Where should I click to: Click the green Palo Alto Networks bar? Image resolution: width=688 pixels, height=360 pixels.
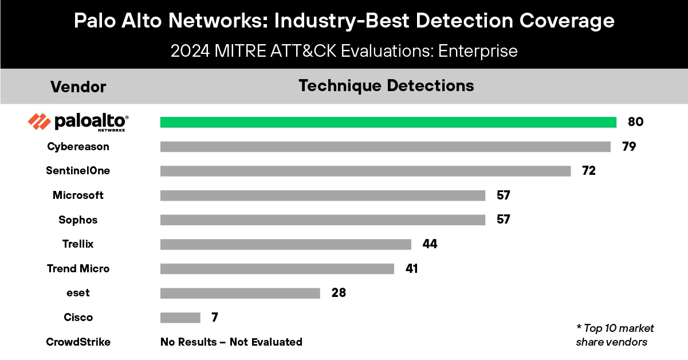point(388,122)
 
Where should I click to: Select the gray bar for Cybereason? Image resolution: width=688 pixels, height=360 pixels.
point(385,147)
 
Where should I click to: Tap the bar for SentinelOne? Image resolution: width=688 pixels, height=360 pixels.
point(365,171)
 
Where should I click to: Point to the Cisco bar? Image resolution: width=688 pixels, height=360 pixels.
point(180,318)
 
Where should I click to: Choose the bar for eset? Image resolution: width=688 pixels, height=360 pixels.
point(240,293)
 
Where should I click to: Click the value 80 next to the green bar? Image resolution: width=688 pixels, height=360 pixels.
point(635,122)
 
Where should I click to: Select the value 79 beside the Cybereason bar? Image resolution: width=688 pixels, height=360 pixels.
point(629,147)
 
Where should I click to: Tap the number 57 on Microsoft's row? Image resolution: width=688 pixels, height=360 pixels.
point(502,195)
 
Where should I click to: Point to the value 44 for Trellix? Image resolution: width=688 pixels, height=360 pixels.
point(430,244)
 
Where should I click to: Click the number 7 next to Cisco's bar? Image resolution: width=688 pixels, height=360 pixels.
point(214,318)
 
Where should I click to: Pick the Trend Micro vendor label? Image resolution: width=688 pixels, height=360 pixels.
point(78,269)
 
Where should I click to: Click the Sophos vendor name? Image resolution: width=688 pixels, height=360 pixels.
point(78,220)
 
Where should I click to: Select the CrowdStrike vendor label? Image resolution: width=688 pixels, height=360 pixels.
point(78,342)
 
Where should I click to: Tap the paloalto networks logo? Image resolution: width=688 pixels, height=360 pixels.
point(78,122)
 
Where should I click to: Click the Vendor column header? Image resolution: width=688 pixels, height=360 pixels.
point(78,87)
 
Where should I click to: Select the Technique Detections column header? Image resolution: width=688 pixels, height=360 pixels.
point(386,86)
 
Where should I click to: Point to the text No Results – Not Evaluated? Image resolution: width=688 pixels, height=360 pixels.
point(231,342)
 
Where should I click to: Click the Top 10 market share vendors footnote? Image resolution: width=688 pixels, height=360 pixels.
point(615,335)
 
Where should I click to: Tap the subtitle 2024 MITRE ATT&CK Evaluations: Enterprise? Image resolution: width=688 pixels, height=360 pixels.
point(344,51)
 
